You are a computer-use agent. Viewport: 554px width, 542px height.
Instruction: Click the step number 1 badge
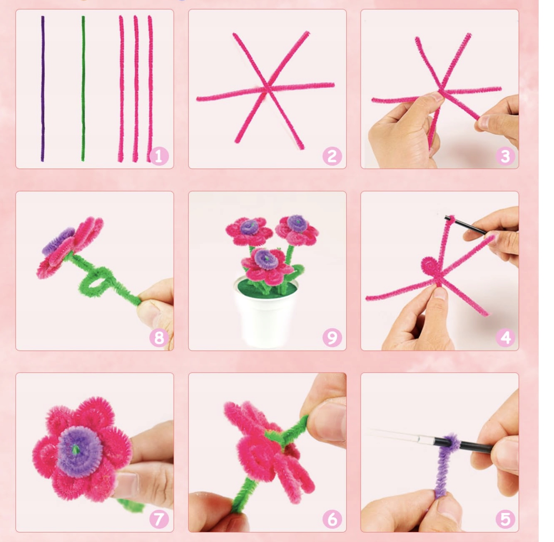(x=159, y=156)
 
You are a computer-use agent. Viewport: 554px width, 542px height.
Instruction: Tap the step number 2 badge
(x=332, y=156)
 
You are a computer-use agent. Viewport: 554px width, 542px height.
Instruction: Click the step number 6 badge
(x=332, y=519)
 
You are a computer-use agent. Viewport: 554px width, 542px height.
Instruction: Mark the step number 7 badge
(x=159, y=519)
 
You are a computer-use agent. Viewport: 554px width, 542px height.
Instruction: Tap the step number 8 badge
(x=159, y=337)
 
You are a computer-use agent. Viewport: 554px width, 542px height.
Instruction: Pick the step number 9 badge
(x=332, y=337)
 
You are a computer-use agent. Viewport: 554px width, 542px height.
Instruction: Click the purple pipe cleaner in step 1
(x=43, y=89)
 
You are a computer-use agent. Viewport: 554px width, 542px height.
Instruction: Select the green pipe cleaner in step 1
(x=83, y=89)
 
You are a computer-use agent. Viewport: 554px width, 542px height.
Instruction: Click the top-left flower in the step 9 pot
(x=249, y=230)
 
